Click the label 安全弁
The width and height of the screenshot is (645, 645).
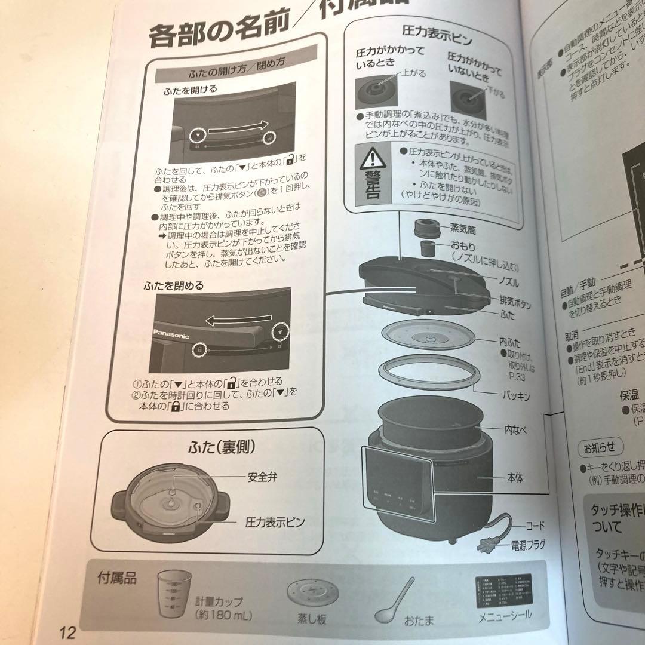click(262, 477)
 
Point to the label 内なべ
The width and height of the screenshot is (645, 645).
click(515, 429)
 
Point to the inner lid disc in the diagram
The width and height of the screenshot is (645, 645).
click(425, 337)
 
